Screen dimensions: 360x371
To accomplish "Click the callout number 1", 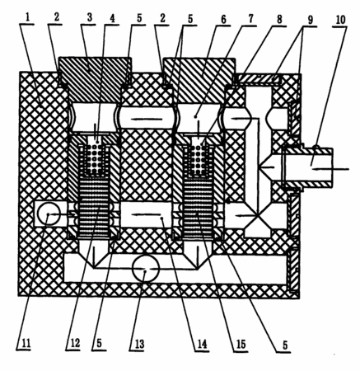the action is (x=27, y=18).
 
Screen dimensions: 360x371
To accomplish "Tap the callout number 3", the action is (x=90, y=18).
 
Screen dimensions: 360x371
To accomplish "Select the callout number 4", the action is (x=112, y=18).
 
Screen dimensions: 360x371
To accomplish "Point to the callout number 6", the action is (x=223, y=19).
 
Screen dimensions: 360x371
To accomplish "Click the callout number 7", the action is (x=250, y=19).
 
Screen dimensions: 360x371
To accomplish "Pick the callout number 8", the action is (x=279, y=20).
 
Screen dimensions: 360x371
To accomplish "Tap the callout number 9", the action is (x=310, y=20).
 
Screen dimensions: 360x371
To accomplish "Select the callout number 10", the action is (x=340, y=20).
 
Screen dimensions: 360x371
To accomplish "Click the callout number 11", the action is (x=26, y=343).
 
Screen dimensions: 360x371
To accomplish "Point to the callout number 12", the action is (x=75, y=343).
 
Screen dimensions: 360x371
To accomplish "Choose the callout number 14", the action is (x=202, y=344).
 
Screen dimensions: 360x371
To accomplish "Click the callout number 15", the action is (x=241, y=345).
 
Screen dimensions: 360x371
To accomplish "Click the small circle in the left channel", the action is (x=49, y=214).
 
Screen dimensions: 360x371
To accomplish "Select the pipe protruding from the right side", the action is (x=308, y=167).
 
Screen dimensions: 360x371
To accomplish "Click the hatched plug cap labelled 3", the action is (x=95, y=79).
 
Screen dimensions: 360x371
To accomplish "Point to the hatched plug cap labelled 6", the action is (x=199, y=80).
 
